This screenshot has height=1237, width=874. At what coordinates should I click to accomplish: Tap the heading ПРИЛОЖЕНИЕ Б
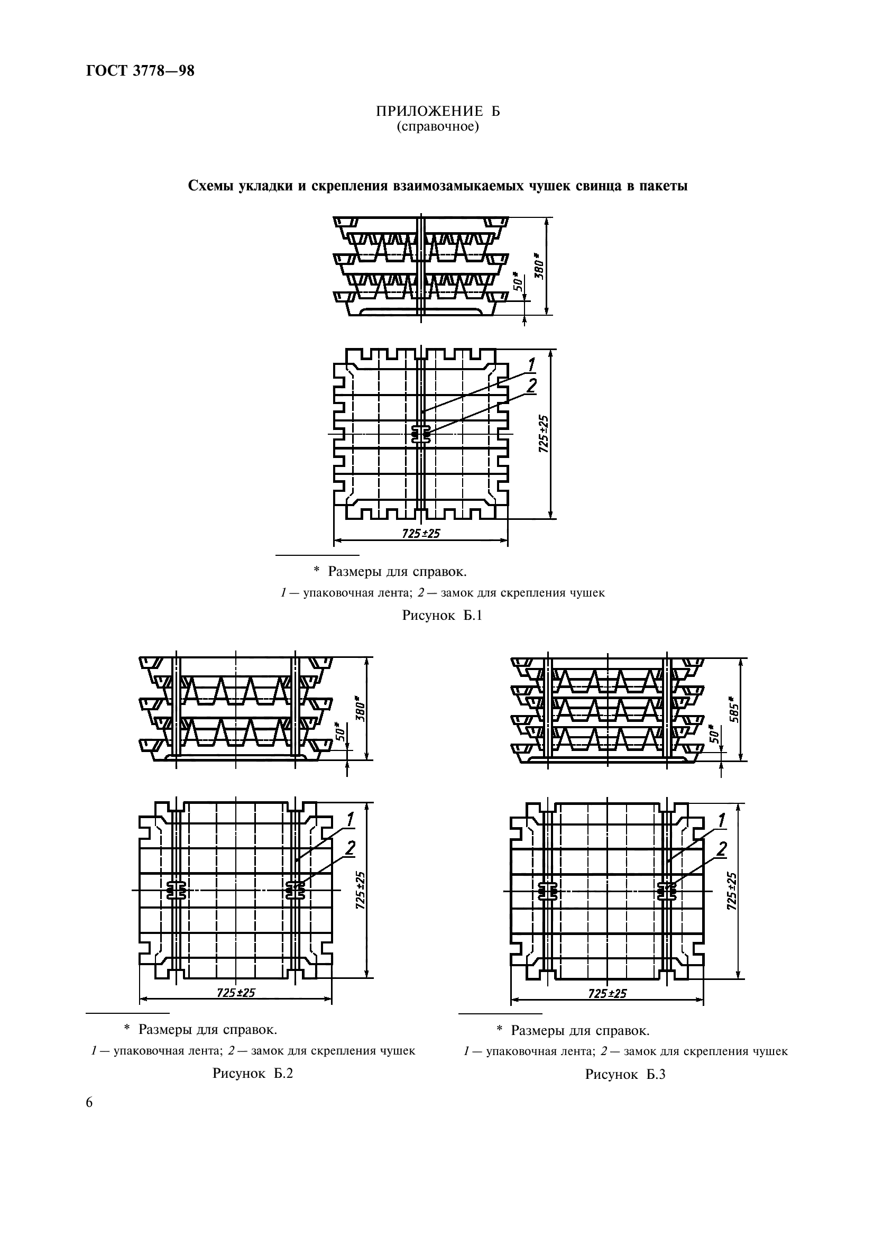[437, 112]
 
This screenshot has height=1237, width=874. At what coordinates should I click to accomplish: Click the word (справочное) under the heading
[437, 127]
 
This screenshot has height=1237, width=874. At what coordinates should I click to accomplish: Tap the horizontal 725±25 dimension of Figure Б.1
[421, 534]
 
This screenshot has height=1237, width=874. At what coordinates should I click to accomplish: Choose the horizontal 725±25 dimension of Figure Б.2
[236, 992]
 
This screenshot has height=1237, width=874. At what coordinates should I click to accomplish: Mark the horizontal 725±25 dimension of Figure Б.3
[608, 993]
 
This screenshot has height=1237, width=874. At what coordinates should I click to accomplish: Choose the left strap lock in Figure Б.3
[548, 891]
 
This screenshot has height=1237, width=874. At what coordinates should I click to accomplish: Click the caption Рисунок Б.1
[442, 615]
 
